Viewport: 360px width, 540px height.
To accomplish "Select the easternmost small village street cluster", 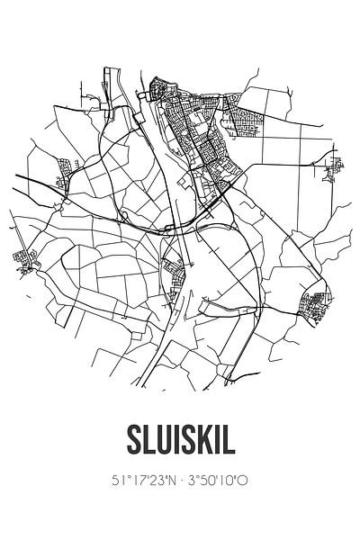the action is point(333,166).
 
